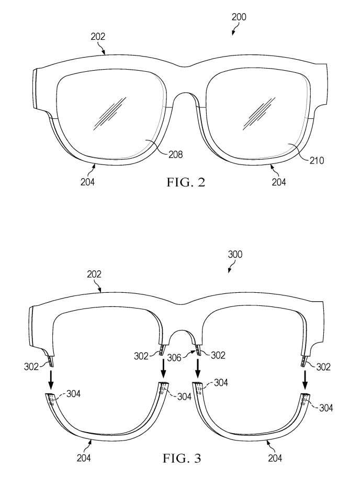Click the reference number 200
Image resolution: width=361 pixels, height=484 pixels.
click(x=239, y=17)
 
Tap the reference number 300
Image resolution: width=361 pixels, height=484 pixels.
click(x=235, y=255)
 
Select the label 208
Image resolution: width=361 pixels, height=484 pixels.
click(x=176, y=155)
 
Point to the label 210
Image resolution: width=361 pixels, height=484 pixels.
click(x=316, y=160)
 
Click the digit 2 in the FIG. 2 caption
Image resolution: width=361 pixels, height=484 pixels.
click(x=200, y=182)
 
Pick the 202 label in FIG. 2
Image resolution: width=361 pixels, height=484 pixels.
click(x=98, y=37)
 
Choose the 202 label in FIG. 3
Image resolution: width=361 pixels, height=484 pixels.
click(x=94, y=274)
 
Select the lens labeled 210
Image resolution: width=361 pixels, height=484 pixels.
click(x=256, y=120)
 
